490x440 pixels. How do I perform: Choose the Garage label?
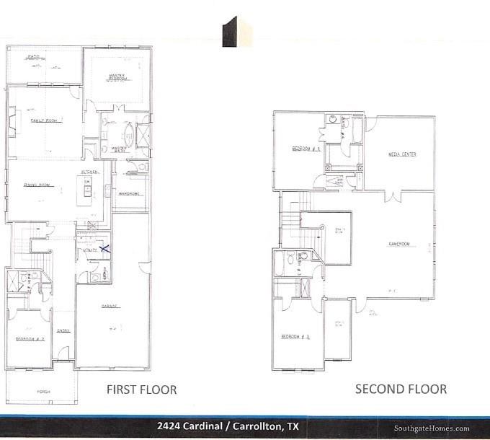coord(110,306)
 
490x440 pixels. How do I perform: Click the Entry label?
coord(63,331)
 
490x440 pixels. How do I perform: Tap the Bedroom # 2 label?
coord(30,338)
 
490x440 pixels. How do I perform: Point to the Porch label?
coord(44,392)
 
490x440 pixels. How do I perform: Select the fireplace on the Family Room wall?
coord(14,120)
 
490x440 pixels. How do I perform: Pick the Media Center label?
coord(402,154)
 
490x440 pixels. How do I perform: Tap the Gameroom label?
coord(398,244)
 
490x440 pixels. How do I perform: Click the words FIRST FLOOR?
coord(141,390)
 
